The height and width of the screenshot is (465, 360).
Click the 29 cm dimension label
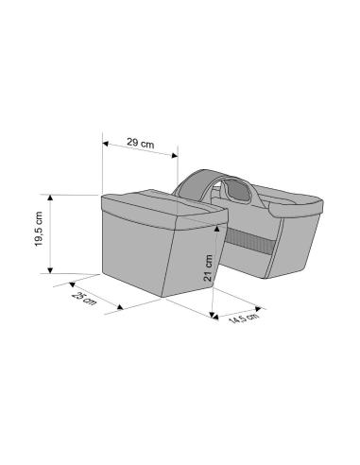click(x=141, y=143)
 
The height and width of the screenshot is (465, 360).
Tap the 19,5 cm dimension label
click(x=39, y=229)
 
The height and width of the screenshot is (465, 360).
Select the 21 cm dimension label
click(x=208, y=267)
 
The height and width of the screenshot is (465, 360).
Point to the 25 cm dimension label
click(x=83, y=299)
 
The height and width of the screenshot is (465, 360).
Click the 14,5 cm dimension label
click(x=244, y=319)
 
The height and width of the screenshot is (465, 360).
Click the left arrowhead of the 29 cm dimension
click(x=106, y=144)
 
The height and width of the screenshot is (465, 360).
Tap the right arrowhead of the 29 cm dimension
click(x=175, y=155)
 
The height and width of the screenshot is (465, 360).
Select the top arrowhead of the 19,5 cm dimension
click(x=50, y=198)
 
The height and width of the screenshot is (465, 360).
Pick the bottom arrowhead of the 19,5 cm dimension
click(x=50, y=270)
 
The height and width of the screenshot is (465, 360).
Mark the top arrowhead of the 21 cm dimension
click(x=216, y=228)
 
